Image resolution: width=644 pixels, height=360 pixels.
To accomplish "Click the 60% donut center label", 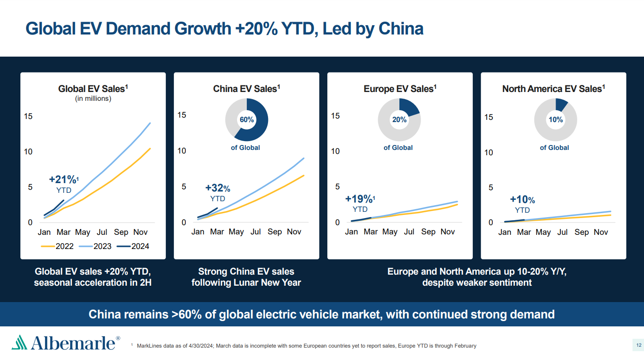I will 247,119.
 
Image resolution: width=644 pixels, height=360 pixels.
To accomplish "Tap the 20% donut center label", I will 399,120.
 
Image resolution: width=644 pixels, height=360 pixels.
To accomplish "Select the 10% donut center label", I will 556,119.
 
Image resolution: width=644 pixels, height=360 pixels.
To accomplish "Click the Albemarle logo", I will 65,343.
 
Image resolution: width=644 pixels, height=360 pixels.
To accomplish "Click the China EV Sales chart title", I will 246,89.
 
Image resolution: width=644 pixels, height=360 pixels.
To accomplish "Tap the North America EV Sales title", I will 553,89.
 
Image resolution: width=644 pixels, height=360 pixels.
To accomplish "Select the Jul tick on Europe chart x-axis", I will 409,232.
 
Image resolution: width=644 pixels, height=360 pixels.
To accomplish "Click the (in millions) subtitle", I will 93,99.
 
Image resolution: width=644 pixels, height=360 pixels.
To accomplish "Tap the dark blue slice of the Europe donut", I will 409,108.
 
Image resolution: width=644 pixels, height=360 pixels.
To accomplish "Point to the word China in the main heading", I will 401,29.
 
